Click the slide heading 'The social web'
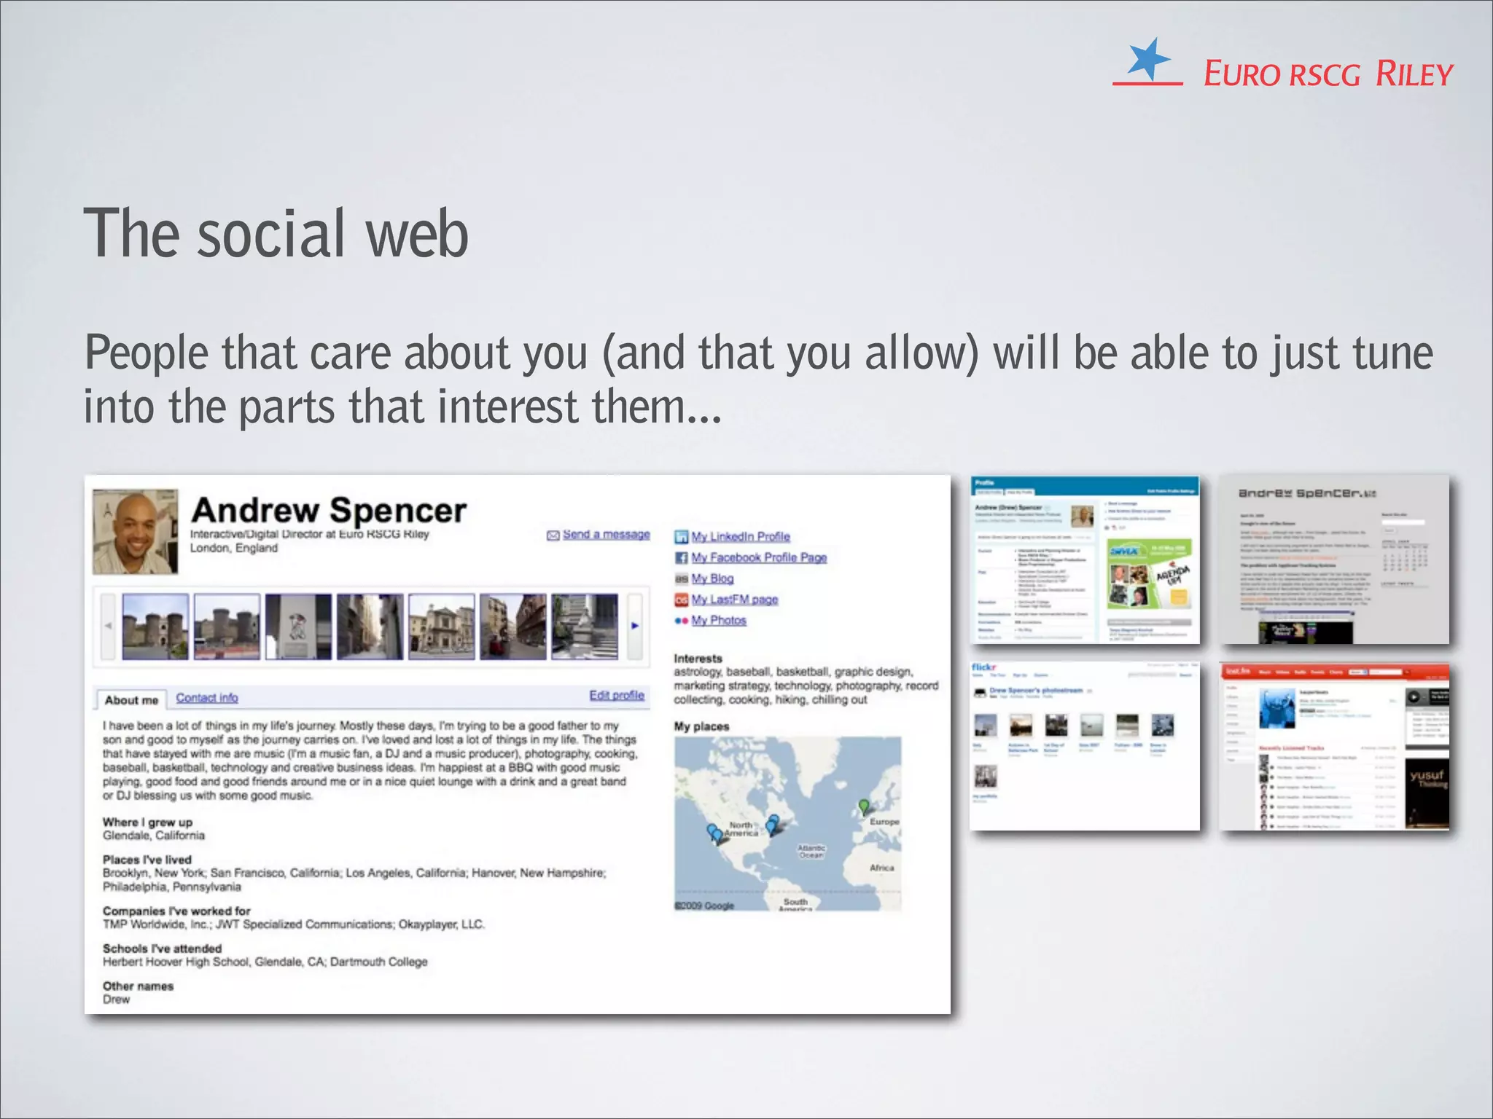point(276,233)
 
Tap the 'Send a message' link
point(605,535)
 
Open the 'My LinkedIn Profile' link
point(740,537)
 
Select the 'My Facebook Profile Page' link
point(758,558)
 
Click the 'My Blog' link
point(712,578)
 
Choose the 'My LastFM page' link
point(734,600)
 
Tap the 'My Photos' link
point(718,621)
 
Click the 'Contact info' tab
point(207,698)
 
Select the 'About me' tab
point(131,700)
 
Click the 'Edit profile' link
point(617,696)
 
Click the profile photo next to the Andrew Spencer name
point(136,532)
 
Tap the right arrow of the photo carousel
point(635,626)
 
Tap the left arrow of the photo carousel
point(108,626)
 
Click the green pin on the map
point(864,806)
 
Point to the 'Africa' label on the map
point(881,868)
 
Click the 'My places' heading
point(701,726)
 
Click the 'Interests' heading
point(698,659)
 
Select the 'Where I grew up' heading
point(147,822)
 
